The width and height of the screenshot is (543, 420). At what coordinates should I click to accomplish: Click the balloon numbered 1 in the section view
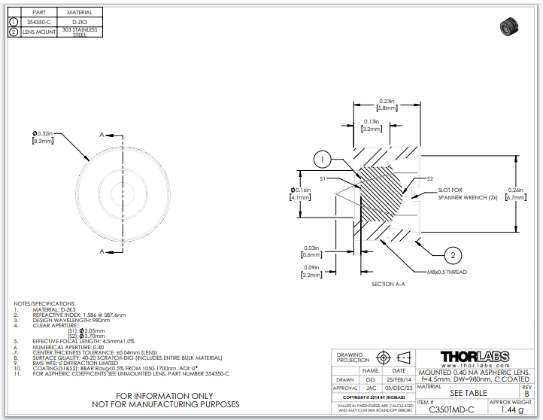[321, 160]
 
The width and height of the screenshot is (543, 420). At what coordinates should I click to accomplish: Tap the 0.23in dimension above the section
[387, 104]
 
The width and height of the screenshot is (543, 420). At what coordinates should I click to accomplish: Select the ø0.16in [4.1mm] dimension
[301, 193]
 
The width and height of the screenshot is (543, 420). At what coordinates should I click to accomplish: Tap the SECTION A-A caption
[387, 285]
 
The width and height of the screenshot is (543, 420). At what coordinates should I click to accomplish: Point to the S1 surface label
[323, 178]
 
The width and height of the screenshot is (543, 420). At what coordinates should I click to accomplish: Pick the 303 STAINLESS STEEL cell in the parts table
[80, 32]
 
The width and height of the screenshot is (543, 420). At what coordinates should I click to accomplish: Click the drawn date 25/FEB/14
[399, 381]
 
